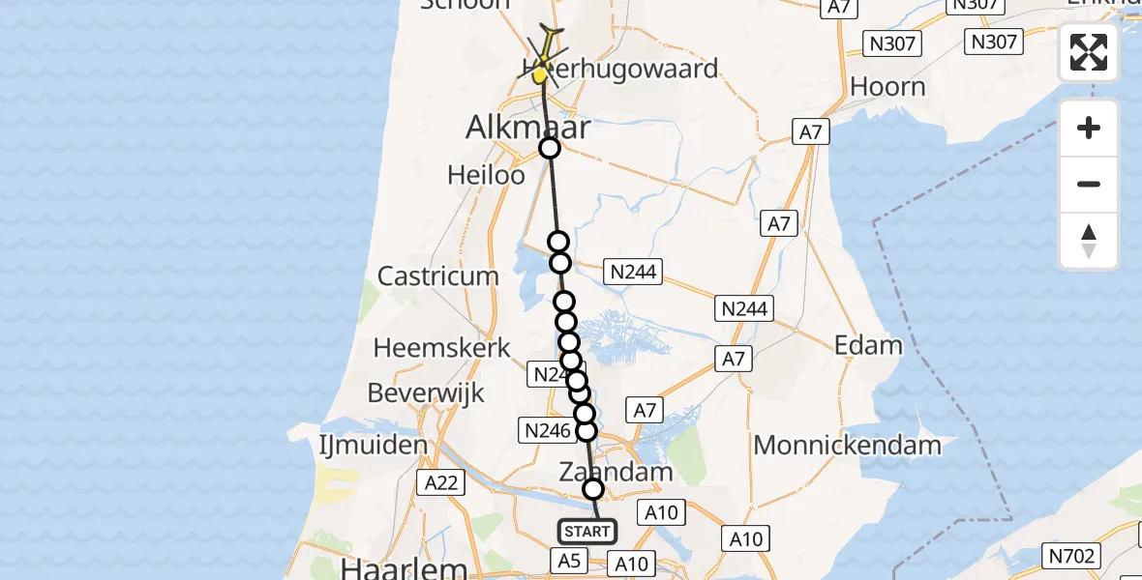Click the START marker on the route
click(x=587, y=531)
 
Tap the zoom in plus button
click(x=1089, y=128)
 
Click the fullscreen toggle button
click(x=1089, y=52)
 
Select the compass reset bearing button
click(x=1089, y=241)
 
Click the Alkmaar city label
click(x=527, y=128)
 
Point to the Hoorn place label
click(x=887, y=87)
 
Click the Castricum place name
click(x=438, y=276)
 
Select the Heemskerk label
click(x=441, y=348)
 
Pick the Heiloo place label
click(x=486, y=175)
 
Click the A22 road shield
click(x=441, y=482)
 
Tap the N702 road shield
click(x=1070, y=555)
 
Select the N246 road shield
click(x=546, y=431)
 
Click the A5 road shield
click(x=568, y=560)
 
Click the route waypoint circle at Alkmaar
click(x=549, y=148)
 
